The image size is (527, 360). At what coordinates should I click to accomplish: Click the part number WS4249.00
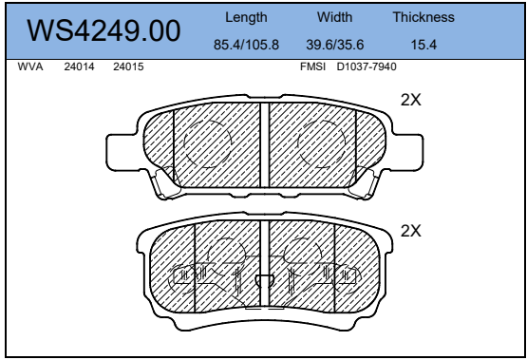pyautogui.click(x=104, y=30)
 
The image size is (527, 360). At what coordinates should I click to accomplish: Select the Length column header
pyautogui.click(x=246, y=17)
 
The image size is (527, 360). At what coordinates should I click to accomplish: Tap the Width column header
pyautogui.click(x=335, y=17)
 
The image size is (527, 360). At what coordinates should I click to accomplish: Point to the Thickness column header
pyautogui.click(x=423, y=17)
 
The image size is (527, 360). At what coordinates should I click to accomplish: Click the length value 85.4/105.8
pyautogui.click(x=246, y=45)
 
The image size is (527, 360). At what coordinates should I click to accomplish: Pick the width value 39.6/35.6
pyautogui.click(x=335, y=45)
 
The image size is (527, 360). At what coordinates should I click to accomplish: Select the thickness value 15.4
pyautogui.click(x=423, y=45)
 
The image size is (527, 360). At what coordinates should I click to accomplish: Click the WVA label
pyautogui.click(x=30, y=66)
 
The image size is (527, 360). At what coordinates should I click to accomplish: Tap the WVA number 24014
pyautogui.click(x=79, y=66)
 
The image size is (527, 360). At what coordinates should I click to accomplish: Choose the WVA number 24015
pyautogui.click(x=128, y=66)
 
